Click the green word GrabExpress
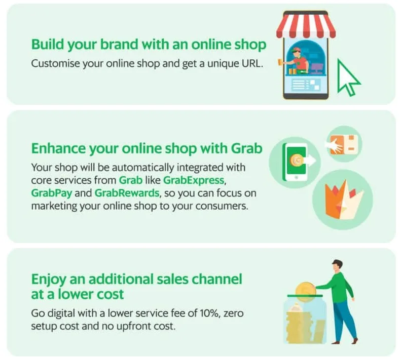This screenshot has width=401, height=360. tap(194, 180)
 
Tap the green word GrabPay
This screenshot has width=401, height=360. tap(52, 193)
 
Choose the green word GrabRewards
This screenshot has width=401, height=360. tap(127, 193)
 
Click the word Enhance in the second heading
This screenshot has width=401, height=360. tap(58, 148)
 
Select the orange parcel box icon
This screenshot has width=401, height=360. tap(344, 145)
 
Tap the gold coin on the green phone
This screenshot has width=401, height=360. tap(297, 160)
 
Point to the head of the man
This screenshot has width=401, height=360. tap(337, 265)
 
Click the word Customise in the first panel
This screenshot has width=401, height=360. tap(55, 63)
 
